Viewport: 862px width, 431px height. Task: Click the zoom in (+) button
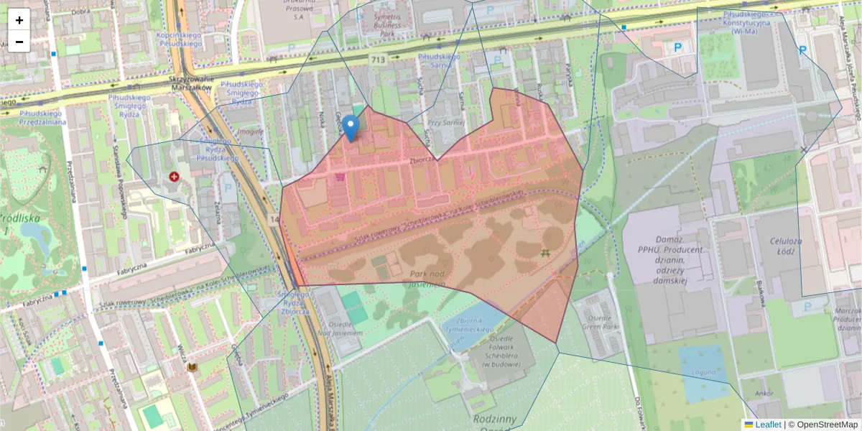(x=19, y=20)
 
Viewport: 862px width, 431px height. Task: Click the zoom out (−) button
(x=19, y=42)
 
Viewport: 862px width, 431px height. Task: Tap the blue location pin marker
(x=351, y=128)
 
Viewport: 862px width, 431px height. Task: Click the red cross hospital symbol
(x=174, y=176)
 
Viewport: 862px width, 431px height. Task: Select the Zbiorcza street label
(x=424, y=161)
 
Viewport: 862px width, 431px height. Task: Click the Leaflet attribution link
(x=768, y=425)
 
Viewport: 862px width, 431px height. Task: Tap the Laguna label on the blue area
(x=704, y=372)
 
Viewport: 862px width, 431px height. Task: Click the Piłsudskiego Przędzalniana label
(x=33, y=117)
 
